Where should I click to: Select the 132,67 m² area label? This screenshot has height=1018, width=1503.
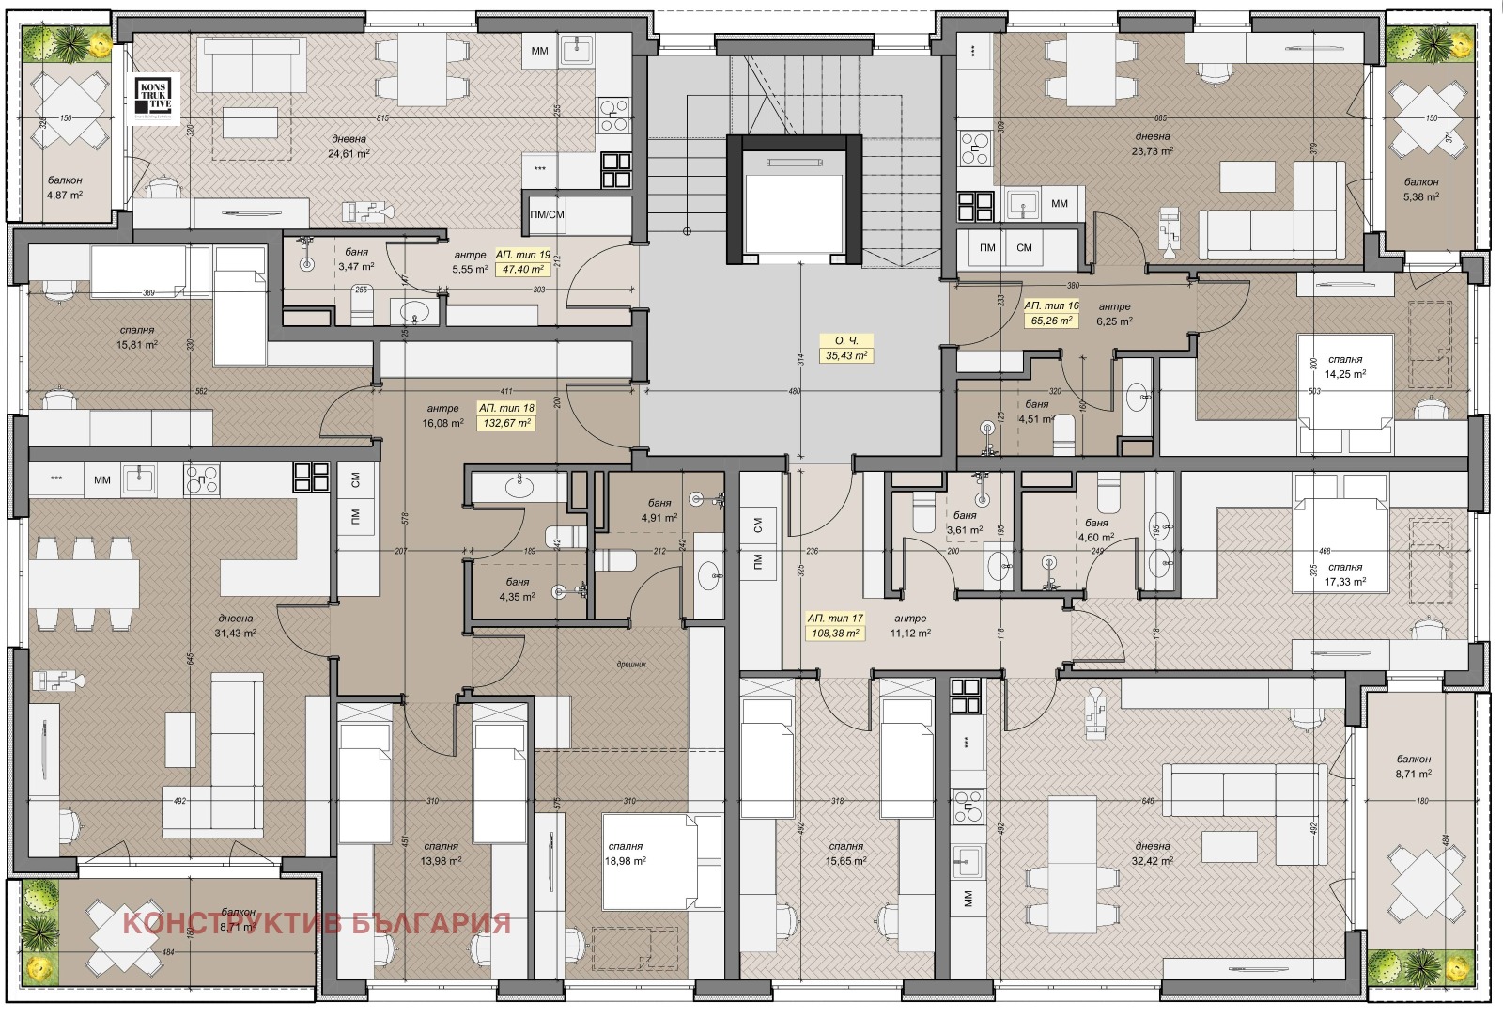click(x=507, y=423)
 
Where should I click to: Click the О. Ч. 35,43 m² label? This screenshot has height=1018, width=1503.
click(x=845, y=349)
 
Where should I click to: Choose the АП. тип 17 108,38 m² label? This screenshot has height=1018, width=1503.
click(x=835, y=626)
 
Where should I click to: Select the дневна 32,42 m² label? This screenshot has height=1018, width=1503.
click(x=1152, y=854)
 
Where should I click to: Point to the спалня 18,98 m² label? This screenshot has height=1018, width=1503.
click(x=625, y=854)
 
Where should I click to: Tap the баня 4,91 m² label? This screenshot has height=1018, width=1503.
click(x=659, y=510)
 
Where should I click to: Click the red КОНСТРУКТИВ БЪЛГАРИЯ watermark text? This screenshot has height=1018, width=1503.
click(x=317, y=923)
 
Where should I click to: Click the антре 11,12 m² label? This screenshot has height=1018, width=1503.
click(x=910, y=626)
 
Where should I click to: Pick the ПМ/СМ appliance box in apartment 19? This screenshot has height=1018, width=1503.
click(x=548, y=214)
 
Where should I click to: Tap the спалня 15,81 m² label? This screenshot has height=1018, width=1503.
click(x=137, y=337)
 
